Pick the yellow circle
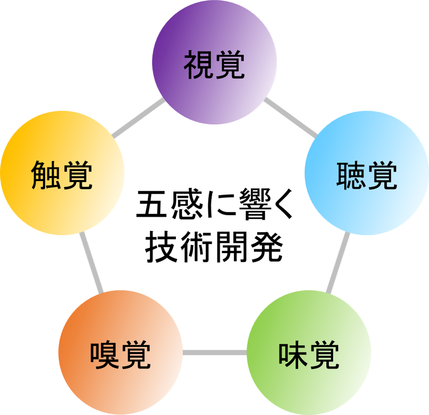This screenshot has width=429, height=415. [x=62, y=206]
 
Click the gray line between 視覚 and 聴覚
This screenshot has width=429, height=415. [x=290, y=118]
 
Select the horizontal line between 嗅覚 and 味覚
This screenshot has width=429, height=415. [x=214, y=353]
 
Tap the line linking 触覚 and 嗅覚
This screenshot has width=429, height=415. [x=91, y=263]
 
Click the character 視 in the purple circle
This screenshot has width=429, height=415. [x=199, y=65]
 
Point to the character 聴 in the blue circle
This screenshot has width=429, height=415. [x=351, y=176]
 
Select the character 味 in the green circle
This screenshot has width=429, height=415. [x=293, y=355]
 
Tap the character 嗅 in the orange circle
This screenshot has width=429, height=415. [x=105, y=355]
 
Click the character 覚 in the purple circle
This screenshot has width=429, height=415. [x=230, y=65]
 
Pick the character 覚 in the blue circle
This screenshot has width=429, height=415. [x=382, y=176]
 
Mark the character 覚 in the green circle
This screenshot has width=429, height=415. [x=324, y=355]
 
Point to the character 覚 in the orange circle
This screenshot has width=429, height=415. [x=136, y=355]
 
